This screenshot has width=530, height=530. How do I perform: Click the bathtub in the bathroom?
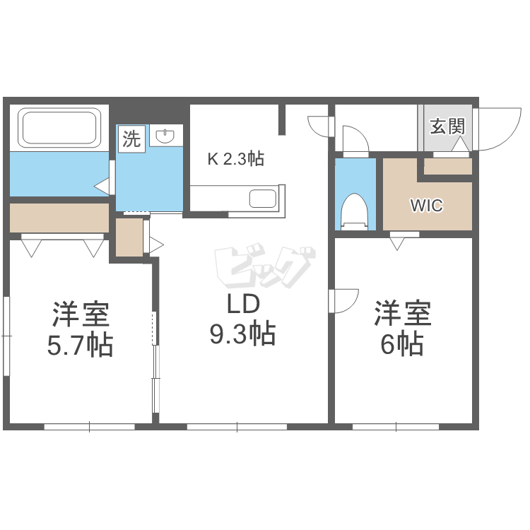click(x=59, y=127)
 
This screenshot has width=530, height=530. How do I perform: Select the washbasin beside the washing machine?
click(x=165, y=136)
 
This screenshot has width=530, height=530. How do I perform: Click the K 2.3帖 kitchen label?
click(x=235, y=159)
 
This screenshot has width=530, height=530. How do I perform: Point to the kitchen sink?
click(x=262, y=199)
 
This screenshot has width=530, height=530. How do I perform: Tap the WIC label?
click(x=427, y=206)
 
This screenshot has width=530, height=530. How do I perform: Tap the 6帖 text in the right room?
click(x=403, y=344)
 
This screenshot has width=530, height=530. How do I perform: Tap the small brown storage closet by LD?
click(x=129, y=238)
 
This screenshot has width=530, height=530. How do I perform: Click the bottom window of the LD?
click(x=237, y=426)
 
